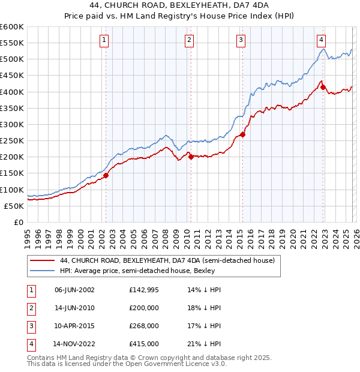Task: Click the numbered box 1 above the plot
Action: click(104, 40)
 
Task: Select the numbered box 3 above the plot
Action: click(241, 40)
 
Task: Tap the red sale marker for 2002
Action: click(106, 176)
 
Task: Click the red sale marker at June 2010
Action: click(191, 157)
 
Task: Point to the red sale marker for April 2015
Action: click(242, 135)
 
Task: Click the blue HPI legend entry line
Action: click(42, 271)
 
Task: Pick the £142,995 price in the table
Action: click(145, 290)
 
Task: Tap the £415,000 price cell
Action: click(145, 344)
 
